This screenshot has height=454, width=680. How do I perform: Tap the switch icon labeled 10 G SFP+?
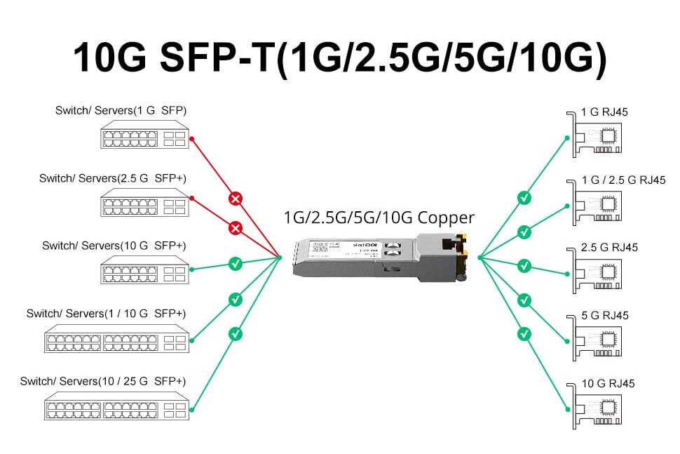tap(144, 270)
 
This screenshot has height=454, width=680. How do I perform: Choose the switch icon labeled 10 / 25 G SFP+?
tap(117, 406)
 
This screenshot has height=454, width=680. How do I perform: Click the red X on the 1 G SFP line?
tap(236, 199)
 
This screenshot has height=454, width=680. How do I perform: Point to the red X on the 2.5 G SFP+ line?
tap(236, 229)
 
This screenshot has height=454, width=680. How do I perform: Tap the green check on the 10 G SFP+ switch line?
tap(236, 265)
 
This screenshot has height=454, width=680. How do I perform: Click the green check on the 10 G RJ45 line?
tap(524, 334)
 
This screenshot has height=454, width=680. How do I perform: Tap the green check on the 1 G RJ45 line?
tap(524, 199)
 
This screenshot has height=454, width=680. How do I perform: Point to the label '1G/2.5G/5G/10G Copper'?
tap(379, 218)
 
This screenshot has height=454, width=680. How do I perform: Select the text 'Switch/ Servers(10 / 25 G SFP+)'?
tap(102, 382)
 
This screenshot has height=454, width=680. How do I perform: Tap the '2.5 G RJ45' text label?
tap(610, 248)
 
